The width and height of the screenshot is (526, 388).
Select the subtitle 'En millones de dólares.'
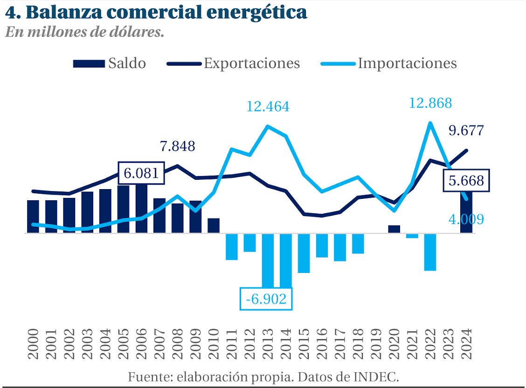(x=84, y=33)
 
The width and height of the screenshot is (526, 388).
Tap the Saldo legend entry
(x=110, y=63)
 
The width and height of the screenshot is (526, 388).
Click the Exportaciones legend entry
(x=233, y=63)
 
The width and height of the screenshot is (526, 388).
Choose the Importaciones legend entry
(x=389, y=63)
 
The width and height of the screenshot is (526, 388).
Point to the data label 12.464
(x=268, y=107)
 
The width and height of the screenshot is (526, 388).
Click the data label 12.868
(x=430, y=103)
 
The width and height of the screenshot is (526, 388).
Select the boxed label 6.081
(x=142, y=174)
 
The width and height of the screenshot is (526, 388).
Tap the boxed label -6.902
(x=266, y=299)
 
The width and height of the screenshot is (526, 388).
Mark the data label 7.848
(x=177, y=146)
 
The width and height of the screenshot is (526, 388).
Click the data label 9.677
(x=466, y=130)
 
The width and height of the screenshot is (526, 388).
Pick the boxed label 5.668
(x=466, y=181)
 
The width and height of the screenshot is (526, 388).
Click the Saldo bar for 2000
(x=33, y=217)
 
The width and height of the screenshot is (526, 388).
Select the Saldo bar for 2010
(x=214, y=225)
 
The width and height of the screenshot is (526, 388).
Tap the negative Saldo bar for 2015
(x=304, y=253)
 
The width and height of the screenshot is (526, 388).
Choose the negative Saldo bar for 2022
(x=430, y=252)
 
